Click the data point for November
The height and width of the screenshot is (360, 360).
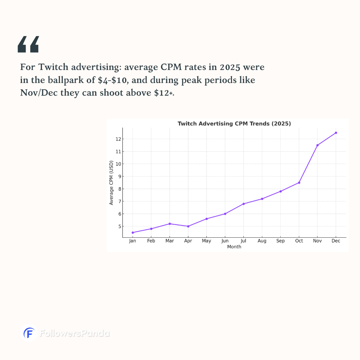[x=317, y=145]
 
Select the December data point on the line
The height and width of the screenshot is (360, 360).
[x=336, y=133]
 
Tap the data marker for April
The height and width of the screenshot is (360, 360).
[x=188, y=226]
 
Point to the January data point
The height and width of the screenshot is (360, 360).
[x=133, y=233]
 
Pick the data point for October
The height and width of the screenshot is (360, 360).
[x=299, y=183]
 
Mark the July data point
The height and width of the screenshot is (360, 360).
[x=244, y=204]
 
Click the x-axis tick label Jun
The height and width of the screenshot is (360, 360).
[x=225, y=241]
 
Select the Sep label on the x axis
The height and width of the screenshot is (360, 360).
[x=280, y=241]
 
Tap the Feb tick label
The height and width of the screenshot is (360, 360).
[x=151, y=241]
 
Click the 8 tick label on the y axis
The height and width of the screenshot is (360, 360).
[x=118, y=189]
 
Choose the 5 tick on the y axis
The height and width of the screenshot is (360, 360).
[x=118, y=226]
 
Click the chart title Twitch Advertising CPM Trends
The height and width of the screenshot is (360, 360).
[x=234, y=124]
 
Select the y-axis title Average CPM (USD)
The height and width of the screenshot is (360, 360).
[x=111, y=183]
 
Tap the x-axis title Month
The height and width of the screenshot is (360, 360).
[x=234, y=247]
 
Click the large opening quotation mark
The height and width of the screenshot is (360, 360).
[x=28, y=44]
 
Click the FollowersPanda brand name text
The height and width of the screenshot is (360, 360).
[x=75, y=333]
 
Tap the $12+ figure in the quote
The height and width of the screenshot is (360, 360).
[x=164, y=93]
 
